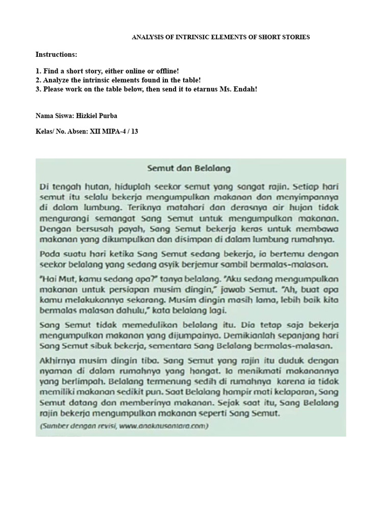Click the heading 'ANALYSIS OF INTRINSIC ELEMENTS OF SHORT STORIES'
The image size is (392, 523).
coord(221,37)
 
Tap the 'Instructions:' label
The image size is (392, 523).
coord(56,54)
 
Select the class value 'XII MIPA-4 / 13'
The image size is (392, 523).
coord(114,131)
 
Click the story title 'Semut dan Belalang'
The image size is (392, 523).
coord(189,168)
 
